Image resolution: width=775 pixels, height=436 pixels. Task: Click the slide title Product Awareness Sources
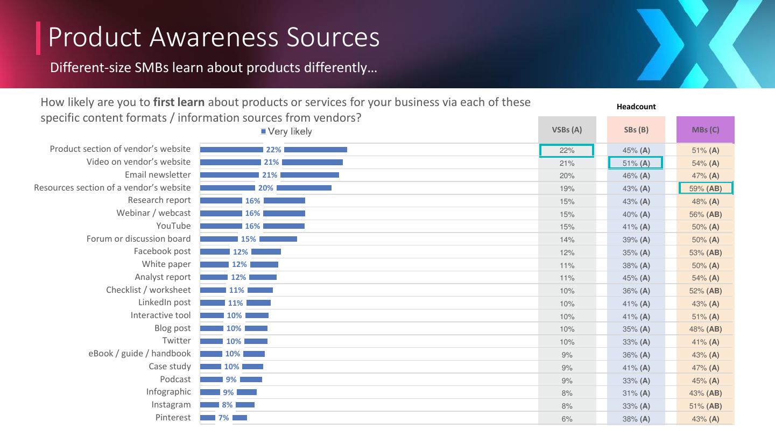214,37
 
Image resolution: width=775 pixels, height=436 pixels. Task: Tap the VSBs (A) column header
567,130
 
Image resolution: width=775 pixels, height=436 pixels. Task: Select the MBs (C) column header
705,130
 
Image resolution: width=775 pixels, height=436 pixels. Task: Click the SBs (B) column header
636,130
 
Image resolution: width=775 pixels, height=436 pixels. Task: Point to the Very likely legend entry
286,131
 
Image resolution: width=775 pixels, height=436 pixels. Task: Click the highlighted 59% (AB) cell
705,188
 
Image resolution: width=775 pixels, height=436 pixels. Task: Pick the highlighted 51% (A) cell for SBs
636,163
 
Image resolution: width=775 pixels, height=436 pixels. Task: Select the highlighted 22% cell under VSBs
567,151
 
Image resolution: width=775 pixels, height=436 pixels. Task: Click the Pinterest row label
173,418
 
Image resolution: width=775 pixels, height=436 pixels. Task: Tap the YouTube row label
173,226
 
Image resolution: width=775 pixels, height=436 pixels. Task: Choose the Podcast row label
175,379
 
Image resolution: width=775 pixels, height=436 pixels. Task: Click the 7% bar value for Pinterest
223,418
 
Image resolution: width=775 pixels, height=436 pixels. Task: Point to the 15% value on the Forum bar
248,239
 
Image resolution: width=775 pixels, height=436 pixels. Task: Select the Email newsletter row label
158,175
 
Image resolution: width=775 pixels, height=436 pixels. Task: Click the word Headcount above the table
636,107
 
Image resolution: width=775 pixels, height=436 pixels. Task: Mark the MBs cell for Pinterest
705,419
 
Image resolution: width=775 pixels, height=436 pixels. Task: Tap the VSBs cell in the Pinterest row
567,419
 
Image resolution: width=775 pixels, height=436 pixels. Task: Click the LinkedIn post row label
164,303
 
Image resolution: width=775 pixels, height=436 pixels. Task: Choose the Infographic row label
168,392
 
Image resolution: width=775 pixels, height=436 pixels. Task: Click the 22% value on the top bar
273,150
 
